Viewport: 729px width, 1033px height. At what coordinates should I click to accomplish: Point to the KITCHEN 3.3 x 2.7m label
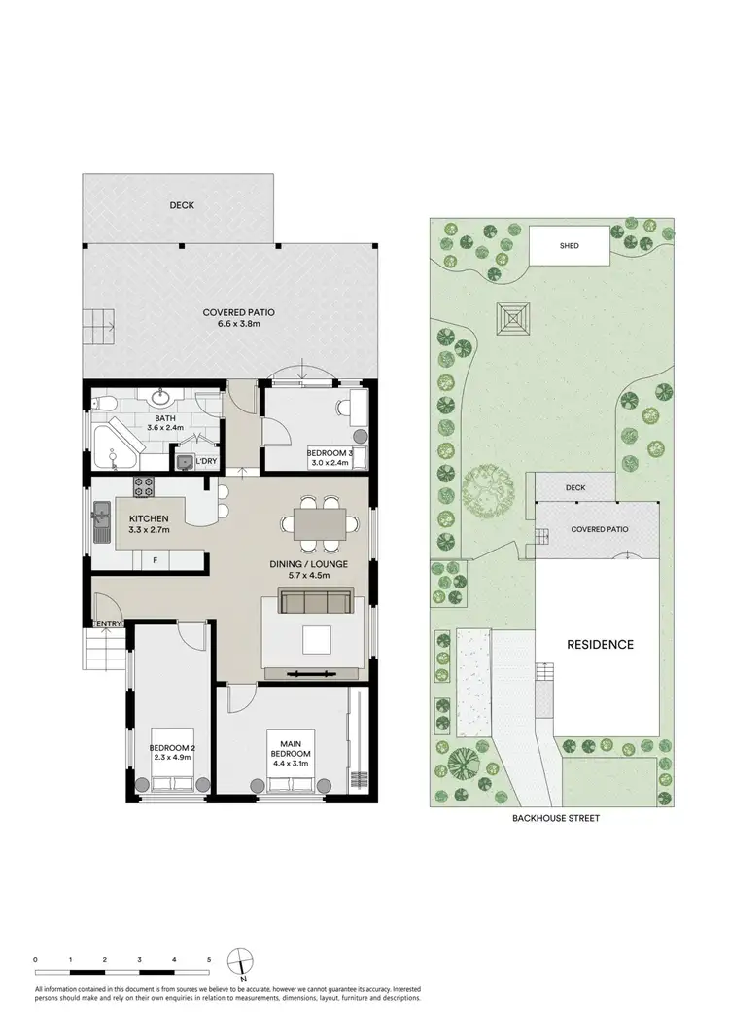150,525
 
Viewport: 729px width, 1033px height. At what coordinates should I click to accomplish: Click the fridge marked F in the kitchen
154,561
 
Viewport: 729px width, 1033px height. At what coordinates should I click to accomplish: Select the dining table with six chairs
319,522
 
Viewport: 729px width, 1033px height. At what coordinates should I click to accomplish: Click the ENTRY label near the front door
105,623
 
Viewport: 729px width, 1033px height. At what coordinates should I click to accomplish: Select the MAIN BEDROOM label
291,754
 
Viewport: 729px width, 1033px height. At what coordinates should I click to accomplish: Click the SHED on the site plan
570,246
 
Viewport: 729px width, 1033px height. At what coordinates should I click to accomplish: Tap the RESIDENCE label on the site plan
600,644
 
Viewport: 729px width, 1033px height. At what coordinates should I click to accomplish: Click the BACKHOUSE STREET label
557,819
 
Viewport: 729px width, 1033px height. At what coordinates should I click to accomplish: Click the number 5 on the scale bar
209,960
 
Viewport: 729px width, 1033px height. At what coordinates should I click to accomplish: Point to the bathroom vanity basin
160,397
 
